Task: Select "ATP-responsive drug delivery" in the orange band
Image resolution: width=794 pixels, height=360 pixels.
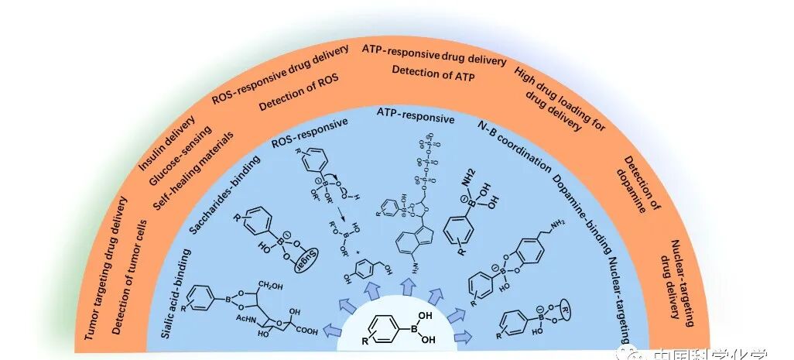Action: [x=434, y=55]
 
